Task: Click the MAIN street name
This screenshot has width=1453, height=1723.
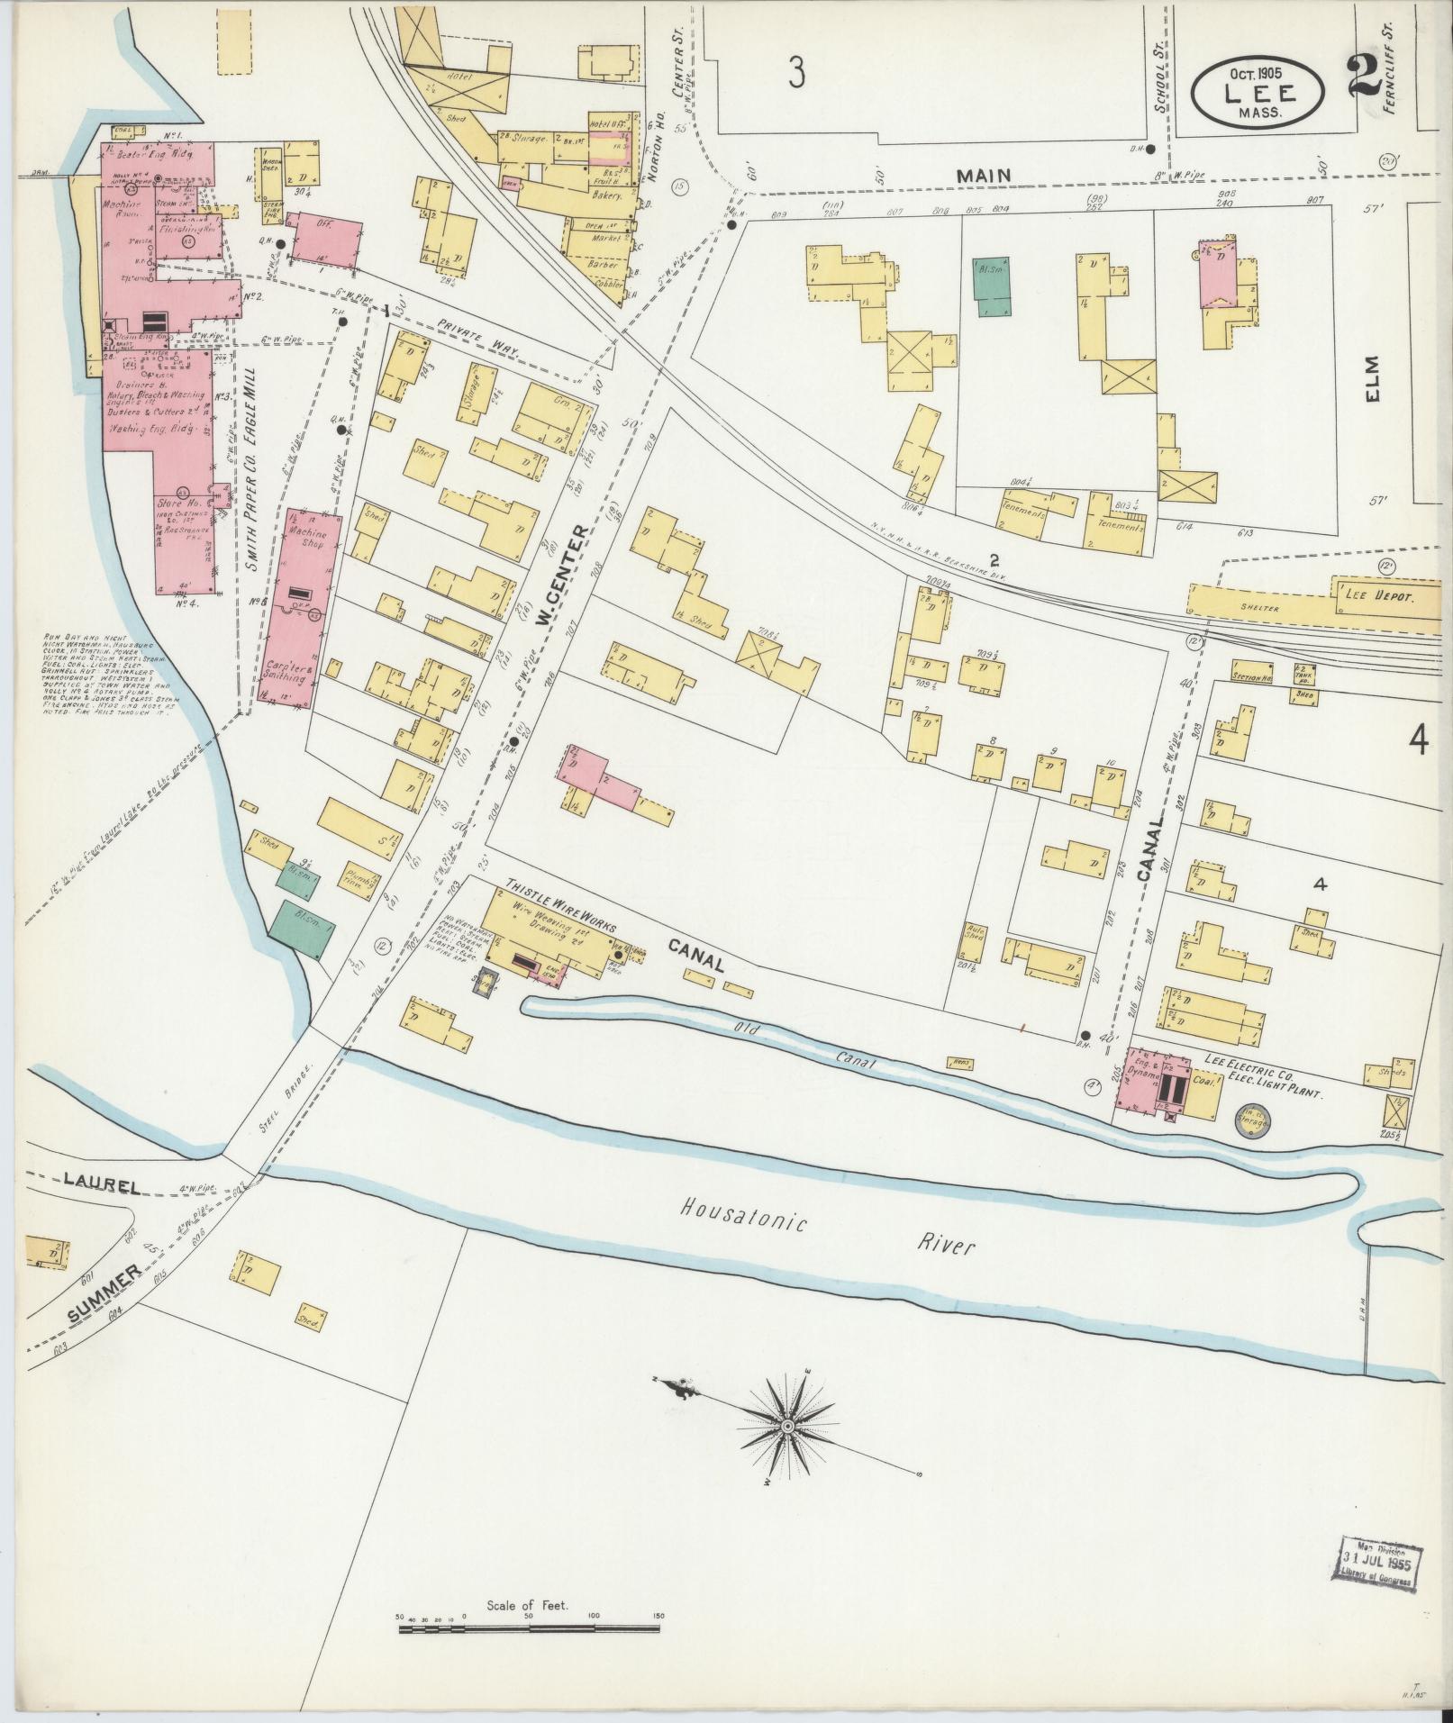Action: [x=984, y=176]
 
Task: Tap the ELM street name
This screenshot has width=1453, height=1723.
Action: [x=1372, y=381]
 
